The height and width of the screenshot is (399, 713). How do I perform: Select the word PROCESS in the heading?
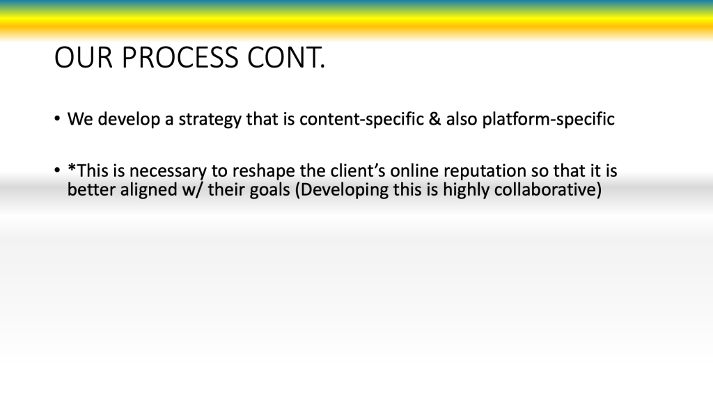pos(180,58)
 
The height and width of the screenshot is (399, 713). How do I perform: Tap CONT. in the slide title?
pos(286,58)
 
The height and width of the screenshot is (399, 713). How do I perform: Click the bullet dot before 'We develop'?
pos(57,119)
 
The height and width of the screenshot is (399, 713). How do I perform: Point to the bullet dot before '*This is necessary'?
pos(57,171)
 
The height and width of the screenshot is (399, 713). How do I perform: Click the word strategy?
pos(210,120)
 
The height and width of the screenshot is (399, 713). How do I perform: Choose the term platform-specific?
pos(549,119)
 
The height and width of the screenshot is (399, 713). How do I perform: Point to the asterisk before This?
pos(72,167)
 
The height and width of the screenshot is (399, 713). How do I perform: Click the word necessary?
pos(168,172)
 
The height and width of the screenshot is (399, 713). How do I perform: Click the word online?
pos(414,171)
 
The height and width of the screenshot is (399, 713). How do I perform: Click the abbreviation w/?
pos(193,189)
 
